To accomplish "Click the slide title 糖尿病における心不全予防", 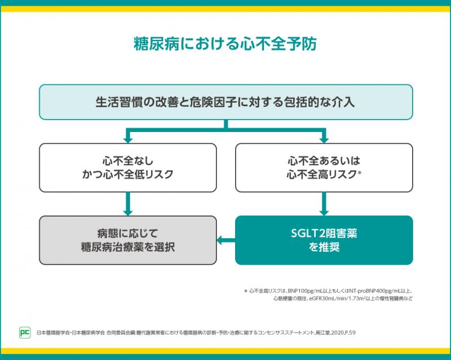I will pyautogui.click(x=225, y=44).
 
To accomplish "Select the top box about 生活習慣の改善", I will pyautogui.click(x=225, y=102).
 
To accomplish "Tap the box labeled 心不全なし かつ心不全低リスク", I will pyautogui.click(x=127, y=168).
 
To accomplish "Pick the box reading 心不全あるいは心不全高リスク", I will pyautogui.click(x=324, y=168).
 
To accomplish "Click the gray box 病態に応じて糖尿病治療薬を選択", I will pyautogui.click(x=127, y=240).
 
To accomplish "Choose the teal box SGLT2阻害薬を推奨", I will pyautogui.click(x=324, y=240).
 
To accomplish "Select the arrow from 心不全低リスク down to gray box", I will pyautogui.click(x=127, y=204).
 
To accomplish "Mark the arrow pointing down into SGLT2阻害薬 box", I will pyautogui.click(x=324, y=204).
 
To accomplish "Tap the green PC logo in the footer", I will pyautogui.click(x=25, y=332).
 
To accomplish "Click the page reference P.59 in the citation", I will pyautogui.click(x=349, y=333).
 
